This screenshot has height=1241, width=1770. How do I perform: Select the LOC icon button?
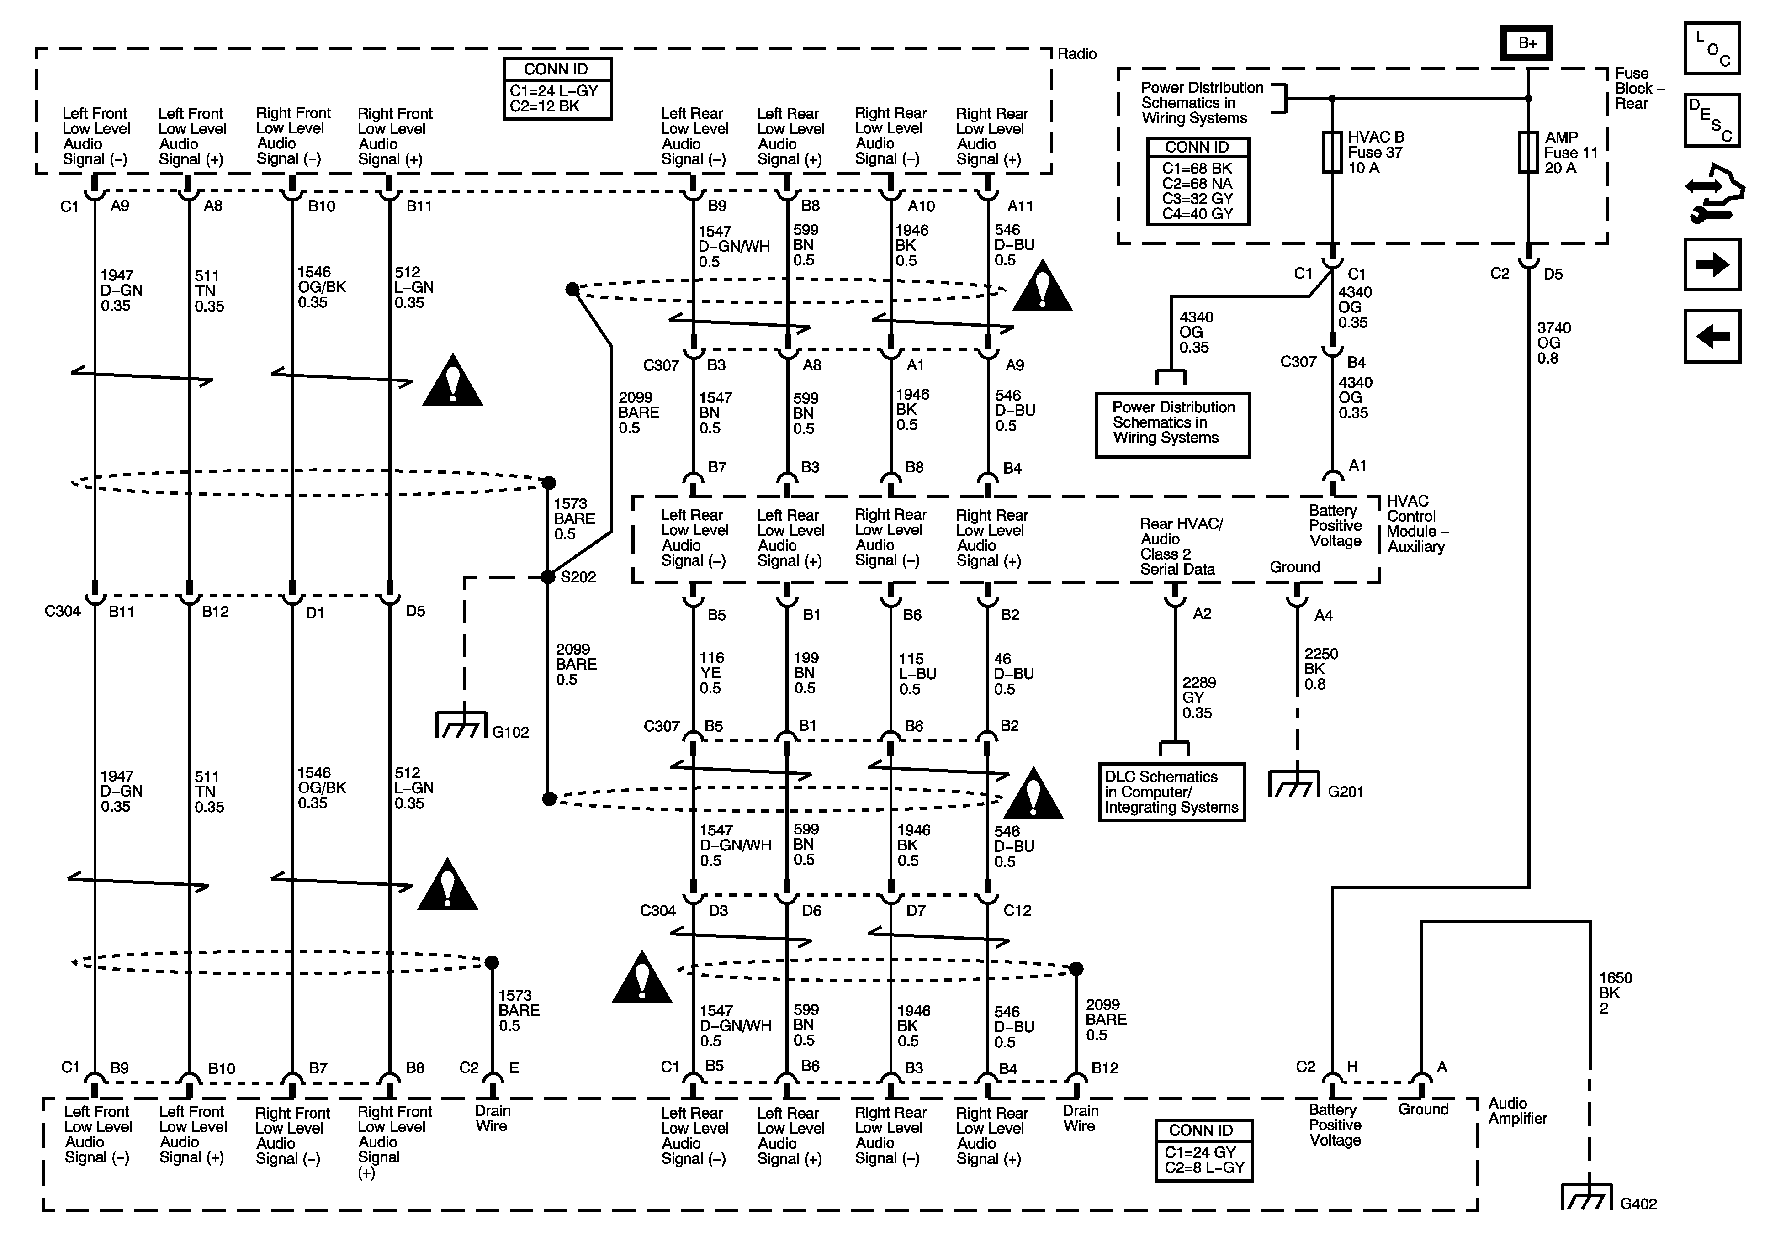pos(1712,48)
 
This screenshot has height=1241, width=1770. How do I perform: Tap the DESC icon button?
pos(1712,120)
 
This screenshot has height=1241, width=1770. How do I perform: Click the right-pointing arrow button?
pos(1712,264)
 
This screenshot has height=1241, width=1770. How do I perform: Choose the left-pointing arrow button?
pos(1712,336)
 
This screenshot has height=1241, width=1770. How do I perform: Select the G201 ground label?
pos(1345,792)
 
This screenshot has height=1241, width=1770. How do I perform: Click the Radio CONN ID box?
pos(557,89)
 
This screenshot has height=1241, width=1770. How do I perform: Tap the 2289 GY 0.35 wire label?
pos(1199,697)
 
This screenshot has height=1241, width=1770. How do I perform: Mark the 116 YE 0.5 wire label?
pos(711,673)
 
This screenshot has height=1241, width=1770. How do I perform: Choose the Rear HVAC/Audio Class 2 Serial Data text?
pos(1181,546)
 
